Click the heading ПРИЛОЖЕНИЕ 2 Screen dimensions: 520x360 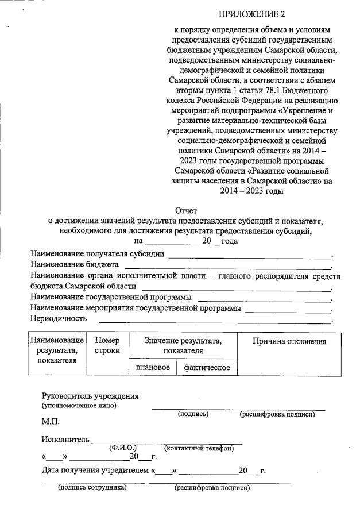[x=252, y=13]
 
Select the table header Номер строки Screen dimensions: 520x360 [x=107, y=345]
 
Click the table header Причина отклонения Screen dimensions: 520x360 [x=289, y=341]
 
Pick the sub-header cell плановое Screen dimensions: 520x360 [x=152, y=367]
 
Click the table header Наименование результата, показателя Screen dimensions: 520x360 [x=57, y=350]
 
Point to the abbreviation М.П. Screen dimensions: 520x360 [x=51, y=422]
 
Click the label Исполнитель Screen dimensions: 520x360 [x=65, y=440]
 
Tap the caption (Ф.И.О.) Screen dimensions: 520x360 [x=122, y=448]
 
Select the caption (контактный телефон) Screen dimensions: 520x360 [x=199, y=448]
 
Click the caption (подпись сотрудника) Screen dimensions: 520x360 [x=92, y=488]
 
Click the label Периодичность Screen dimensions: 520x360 [x=59, y=318]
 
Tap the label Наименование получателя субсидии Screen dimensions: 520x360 [x=98, y=253]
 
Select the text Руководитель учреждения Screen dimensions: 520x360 [x=90, y=396]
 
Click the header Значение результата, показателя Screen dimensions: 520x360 [x=183, y=345]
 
